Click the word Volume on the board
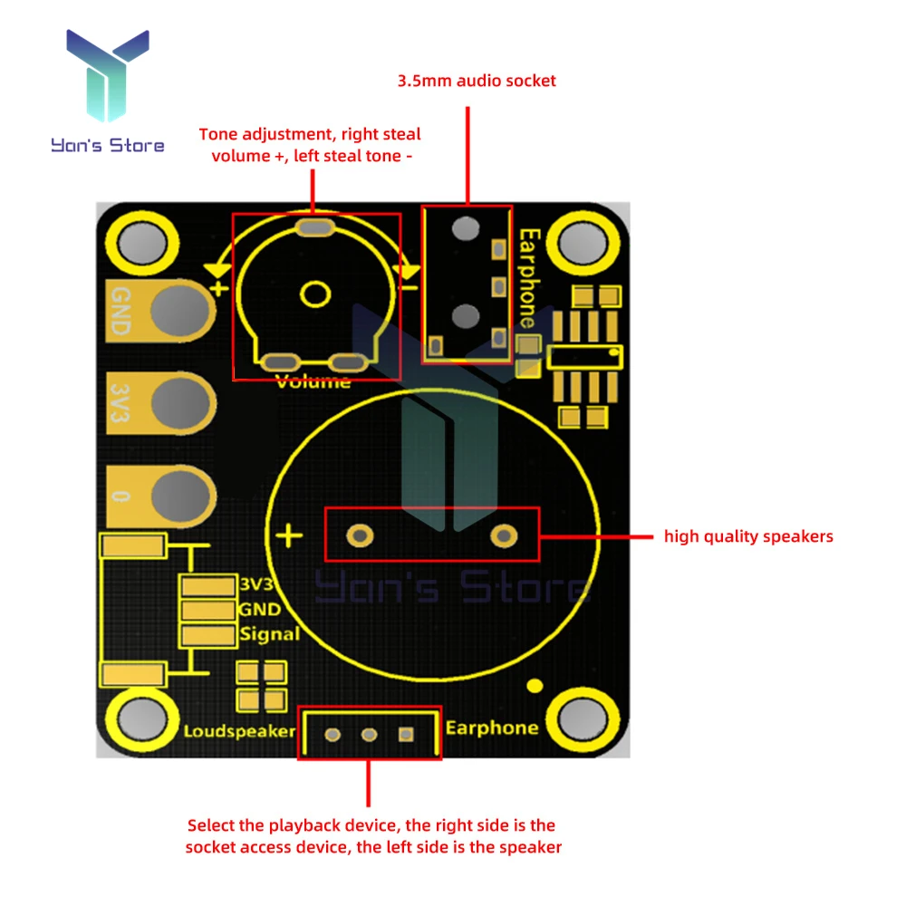pos(313,381)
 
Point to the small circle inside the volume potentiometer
pos(315,294)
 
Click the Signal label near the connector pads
pos(269,634)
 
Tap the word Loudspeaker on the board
pos(239,731)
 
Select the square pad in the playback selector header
pos(406,734)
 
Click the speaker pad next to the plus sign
pos(360,536)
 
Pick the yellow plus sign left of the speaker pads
pos(289,535)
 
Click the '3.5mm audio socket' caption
pos(477,81)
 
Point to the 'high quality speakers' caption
pos(748,536)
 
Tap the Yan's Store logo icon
pos(108,77)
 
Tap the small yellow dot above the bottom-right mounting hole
pos(535,686)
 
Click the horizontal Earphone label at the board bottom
pos(492,728)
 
